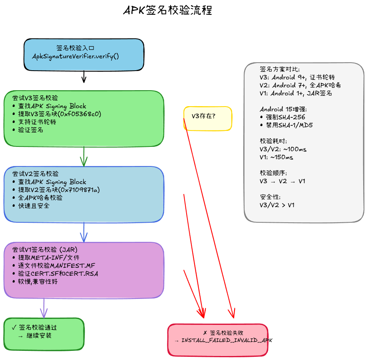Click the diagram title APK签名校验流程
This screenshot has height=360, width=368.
click(167, 10)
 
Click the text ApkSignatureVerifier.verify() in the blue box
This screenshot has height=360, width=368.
click(76, 56)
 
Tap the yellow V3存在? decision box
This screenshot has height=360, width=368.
click(207, 118)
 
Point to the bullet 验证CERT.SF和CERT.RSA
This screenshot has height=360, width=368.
click(58, 273)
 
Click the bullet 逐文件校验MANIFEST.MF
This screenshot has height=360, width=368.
click(56, 265)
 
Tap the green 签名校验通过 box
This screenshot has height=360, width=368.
click(44, 334)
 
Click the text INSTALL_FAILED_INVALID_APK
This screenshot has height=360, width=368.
click(227, 340)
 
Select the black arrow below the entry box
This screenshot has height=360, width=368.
click(84, 76)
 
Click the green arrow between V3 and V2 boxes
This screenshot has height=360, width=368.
click(84, 156)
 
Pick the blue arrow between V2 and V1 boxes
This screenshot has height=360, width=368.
click(84, 232)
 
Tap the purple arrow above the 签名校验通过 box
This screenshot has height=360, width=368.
click(44, 308)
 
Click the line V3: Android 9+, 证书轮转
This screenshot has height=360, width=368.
click(297, 77)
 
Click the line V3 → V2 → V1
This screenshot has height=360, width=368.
click(282, 181)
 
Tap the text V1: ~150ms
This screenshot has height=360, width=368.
click(276, 157)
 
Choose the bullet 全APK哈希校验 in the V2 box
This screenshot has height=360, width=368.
click(40, 198)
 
